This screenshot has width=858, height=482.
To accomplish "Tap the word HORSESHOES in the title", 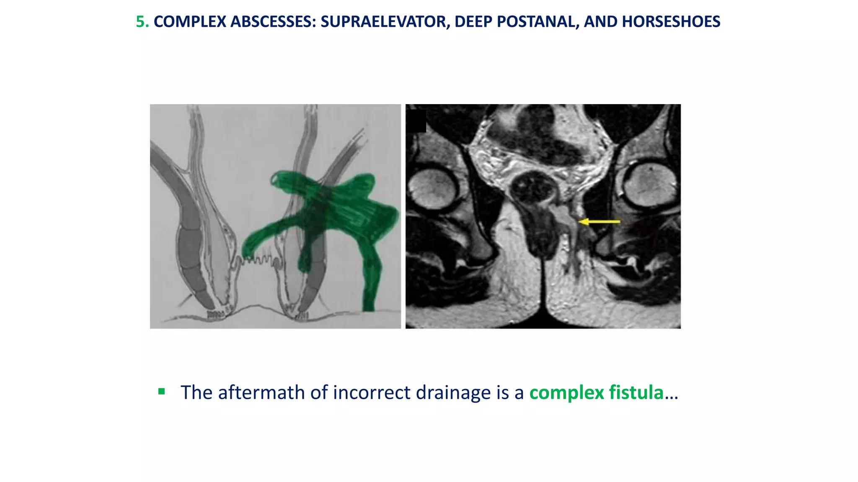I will point(671,22).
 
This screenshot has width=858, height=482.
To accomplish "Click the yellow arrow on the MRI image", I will point(599,221).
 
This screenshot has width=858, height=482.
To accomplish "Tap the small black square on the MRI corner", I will point(416,121).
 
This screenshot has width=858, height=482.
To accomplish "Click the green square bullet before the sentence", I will point(161,392).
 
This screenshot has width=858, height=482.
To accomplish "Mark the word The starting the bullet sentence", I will point(196,392).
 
